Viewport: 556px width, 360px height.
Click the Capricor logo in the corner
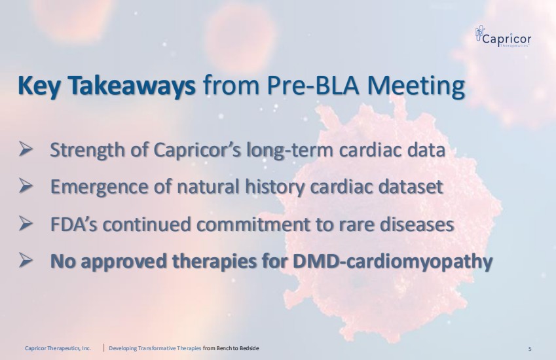click(503, 36)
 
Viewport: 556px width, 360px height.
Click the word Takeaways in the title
click(131, 85)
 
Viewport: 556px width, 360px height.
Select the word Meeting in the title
click(416, 86)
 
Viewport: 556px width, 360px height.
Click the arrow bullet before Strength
click(26, 149)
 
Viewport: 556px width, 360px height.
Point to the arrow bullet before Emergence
click(26, 186)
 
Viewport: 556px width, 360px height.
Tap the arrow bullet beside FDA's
click(26, 223)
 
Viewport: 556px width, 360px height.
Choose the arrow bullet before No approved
click(26, 260)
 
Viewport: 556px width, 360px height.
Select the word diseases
click(417, 225)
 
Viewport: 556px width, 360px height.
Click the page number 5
click(530, 349)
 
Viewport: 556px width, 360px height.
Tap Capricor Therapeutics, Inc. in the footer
click(58, 348)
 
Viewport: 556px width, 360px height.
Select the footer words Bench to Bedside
click(237, 348)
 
